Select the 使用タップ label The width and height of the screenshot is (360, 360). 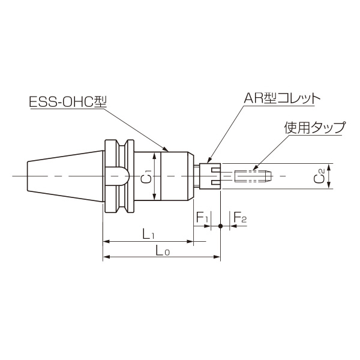[x=314, y=128]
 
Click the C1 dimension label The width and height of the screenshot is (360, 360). [x=148, y=177]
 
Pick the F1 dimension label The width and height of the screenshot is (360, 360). [x=202, y=217]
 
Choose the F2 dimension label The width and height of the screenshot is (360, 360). [x=239, y=217]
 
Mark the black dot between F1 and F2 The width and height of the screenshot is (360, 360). [x=221, y=226]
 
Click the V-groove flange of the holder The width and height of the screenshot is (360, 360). [x=118, y=176]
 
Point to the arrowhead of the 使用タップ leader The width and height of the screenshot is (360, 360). [x=254, y=169]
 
